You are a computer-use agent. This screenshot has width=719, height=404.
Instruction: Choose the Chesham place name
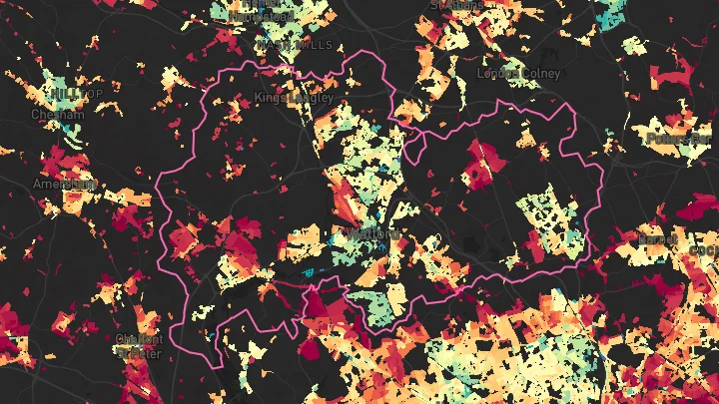[x=58, y=114]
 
